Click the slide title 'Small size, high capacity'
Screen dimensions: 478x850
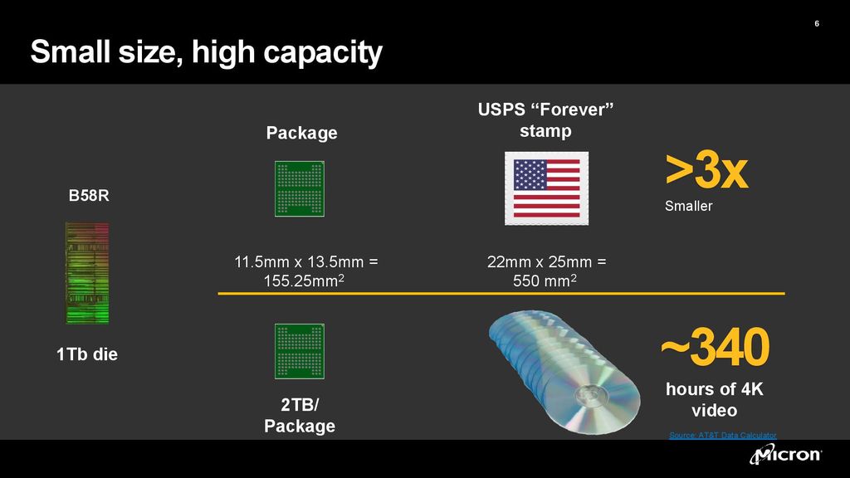click(x=206, y=53)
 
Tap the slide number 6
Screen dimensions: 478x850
click(x=817, y=23)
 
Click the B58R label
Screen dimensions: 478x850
click(x=88, y=198)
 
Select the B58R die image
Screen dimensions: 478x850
click(x=88, y=272)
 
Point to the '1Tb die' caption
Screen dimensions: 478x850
click(x=87, y=354)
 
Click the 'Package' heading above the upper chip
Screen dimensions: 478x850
click(x=301, y=133)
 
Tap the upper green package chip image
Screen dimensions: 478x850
click(x=299, y=188)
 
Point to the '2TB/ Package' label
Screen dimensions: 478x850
click(x=300, y=416)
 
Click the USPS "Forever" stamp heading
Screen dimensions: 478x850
click(x=546, y=120)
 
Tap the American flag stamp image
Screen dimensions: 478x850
click(x=546, y=188)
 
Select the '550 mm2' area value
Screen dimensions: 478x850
click(x=545, y=281)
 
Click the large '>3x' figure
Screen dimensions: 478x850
click(x=706, y=170)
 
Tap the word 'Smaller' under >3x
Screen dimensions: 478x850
click(x=688, y=206)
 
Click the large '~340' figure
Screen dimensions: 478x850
click(x=714, y=349)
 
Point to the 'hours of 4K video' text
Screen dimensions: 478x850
click(x=714, y=399)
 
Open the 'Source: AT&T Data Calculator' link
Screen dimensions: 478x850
click(x=722, y=435)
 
